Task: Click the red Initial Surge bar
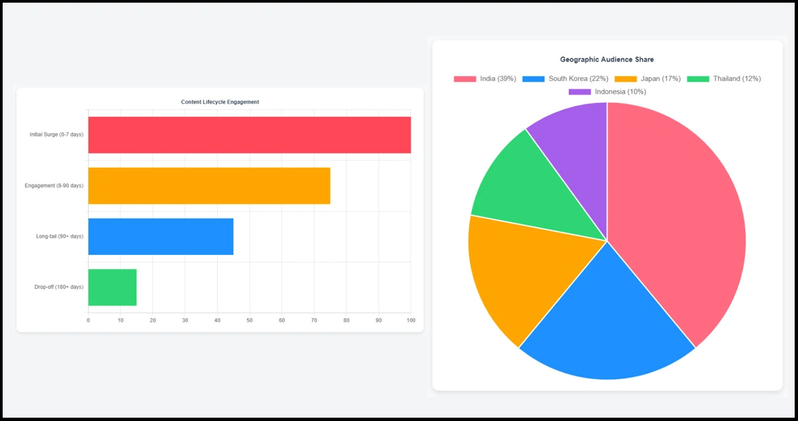pos(249,135)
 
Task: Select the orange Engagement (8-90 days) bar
pos(209,186)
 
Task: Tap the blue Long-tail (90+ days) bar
pos(161,236)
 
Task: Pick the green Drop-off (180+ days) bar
pos(112,287)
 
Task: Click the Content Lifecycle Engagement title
pos(220,102)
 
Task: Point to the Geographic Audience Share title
pos(607,60)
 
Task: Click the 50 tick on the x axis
pos(250,321)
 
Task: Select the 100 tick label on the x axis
pos(411,321)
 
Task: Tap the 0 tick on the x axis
pos(88,321)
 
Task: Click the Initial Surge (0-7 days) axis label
pos(56,135)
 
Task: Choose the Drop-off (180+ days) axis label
pos(59,287)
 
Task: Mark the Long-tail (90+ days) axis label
pos(60,236)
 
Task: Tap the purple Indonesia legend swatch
pos(580,92)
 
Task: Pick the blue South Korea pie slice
pos(604,319)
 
